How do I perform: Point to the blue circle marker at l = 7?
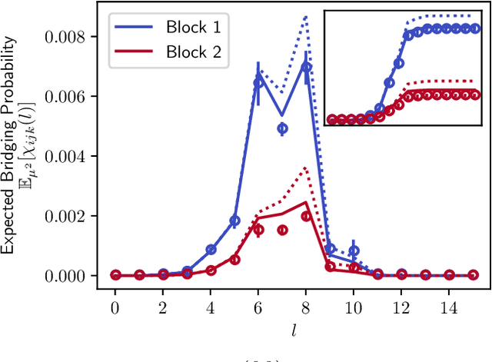tap(282, 128)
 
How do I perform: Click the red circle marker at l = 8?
tap(306, 216)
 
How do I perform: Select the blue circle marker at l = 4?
tap(211, 249)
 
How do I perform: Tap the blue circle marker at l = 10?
tap(354, 251)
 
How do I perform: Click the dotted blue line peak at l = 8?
tap(306, 17)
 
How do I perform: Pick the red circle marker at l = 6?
tap(258, 230)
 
